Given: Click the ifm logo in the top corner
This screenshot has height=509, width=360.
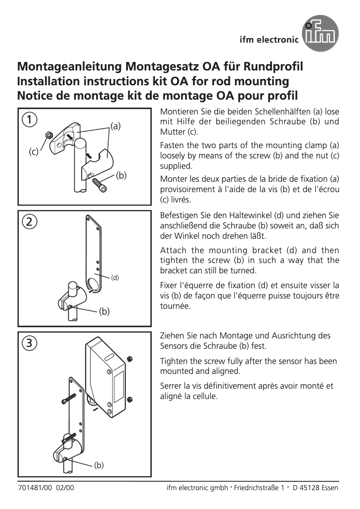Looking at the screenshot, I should click(320, 33).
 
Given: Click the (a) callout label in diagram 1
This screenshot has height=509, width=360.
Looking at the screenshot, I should click(116, 127).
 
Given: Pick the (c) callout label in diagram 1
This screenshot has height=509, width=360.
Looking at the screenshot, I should click(34, 152).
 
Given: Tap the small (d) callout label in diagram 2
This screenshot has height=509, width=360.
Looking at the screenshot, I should click(115, 277).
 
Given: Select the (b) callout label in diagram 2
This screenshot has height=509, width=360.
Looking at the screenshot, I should click(104, 311).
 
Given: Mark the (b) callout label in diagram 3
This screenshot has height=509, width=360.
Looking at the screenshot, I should click(99, 465).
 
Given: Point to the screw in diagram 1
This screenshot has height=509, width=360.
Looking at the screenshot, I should click(100, 184).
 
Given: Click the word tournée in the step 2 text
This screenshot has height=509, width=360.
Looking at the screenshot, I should click(176, 306).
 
